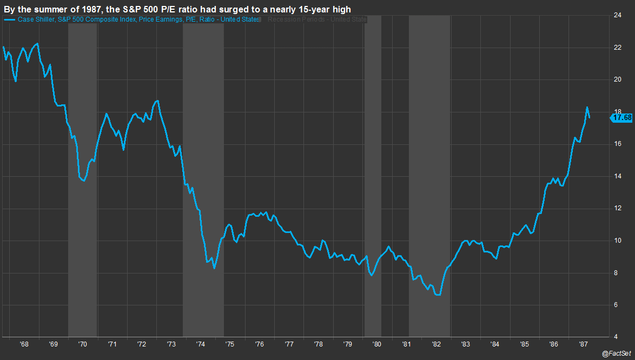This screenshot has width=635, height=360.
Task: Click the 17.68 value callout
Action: click(x=622, y=117)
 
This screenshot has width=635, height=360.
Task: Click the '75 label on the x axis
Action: click(x=229, y=343)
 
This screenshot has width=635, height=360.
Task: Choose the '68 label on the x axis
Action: click(x=24, y=343)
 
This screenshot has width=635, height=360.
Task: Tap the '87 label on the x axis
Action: click(x=583, y=343)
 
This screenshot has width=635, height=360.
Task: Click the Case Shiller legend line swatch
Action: click(x=9, y=20)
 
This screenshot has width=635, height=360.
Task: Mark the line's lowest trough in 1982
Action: click(x=438, y=295)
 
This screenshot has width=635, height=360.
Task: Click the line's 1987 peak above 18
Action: click(x=587, y=107)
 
